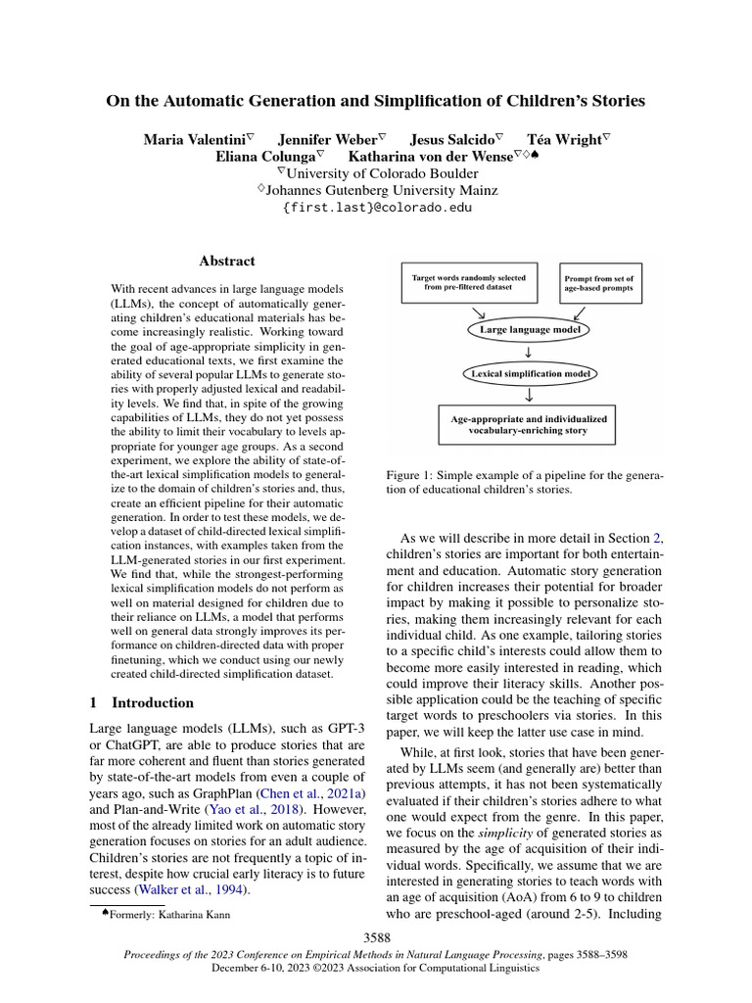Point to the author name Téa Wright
pyautogui.click(x=564, y=140)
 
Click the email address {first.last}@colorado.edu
pyautogui.click(x=376, y=208)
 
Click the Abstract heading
pyautogui.click(x=227, y=262)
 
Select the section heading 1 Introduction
pyautogui.click(x=142, y=703)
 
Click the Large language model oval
pyautogui.click(x=530, y=330)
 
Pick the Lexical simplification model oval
pyautogui.click(x=529, y=374)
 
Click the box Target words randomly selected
pyautogui.click(x=467, y=283)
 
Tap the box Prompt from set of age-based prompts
pyautogui.click(x=598, y=283)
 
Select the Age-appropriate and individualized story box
pyautogui.click(x=529, y=424)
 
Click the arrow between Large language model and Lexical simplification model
pyautogui.click(x=529, y=353)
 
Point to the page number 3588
pyautogui.click(x=376, y=938)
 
